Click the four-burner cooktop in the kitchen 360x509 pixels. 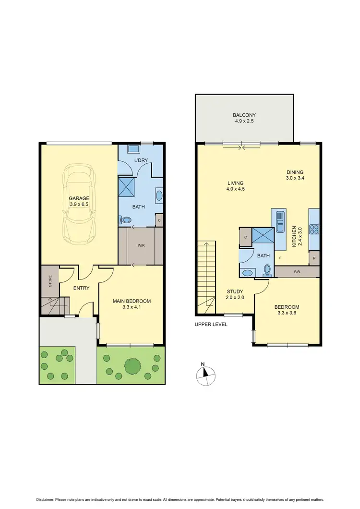click(x=314, y=229)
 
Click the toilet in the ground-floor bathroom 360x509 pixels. click(x=126, y=219)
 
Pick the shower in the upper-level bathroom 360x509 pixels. click(x=264, y=236)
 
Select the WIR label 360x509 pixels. click(x=141, y=245)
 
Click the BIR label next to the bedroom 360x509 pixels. click(x=297, y=272)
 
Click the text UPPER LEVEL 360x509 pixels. click(x=211, y=324)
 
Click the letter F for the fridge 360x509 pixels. click(x=280, y=258)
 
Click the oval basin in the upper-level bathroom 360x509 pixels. click(x=247, y=273)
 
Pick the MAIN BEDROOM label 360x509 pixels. click(x=132, y=301)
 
